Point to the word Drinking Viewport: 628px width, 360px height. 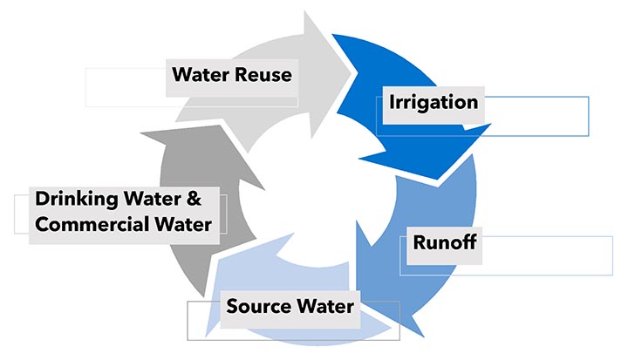[72, 198]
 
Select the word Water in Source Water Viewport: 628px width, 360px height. [323, 306]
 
